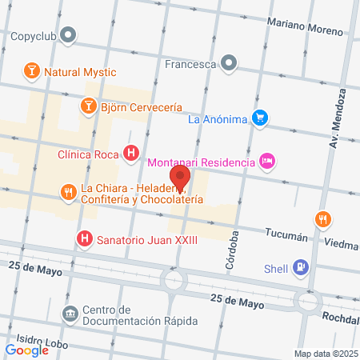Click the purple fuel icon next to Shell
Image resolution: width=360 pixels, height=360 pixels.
tap(300, 267)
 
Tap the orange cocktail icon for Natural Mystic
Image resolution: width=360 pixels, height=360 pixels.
tap(31, 71)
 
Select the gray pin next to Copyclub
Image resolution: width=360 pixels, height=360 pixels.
tap(69, 35)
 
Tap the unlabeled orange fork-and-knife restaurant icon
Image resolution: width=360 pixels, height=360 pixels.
tap(322, 218)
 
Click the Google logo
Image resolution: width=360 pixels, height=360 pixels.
tap(27, 350)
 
